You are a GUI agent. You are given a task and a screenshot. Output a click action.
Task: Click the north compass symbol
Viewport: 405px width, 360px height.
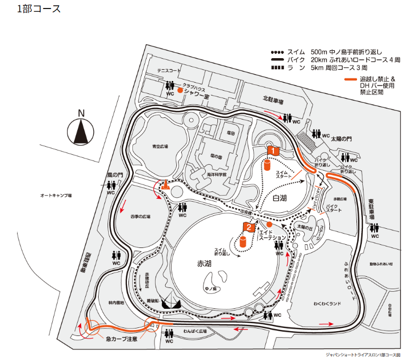click(81, 130)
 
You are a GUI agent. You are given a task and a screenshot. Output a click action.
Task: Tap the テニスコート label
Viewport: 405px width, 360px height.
click(169, 71)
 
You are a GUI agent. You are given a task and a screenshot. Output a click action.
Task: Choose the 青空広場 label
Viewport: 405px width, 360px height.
click(159, 146)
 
